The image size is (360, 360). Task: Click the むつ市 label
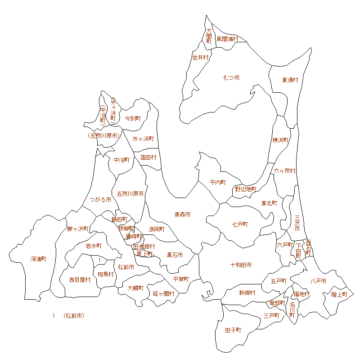click(x=231, y=78)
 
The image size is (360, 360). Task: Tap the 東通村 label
click(x=290, y=80)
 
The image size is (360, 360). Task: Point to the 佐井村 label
click(x=201, y=58)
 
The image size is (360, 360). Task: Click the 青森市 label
click(x=182, y=215)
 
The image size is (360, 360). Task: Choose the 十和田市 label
click(x=241, y=265)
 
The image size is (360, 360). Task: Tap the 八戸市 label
click(x=318, y=281)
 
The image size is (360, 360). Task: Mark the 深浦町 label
click(x=39, y=259)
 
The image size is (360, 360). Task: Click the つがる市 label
click(x=100, y=199)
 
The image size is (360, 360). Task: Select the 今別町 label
click(x=133, y=118)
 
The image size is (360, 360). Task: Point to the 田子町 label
click(x=233, y=330)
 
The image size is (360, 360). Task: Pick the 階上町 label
click(x=340, y=294)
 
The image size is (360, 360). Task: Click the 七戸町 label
click(x=240, y=224)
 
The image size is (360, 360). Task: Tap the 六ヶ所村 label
click(x=285, y=171)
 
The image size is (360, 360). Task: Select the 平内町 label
click(x=218, y=182)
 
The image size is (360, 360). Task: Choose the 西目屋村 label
click(x=80, y=280)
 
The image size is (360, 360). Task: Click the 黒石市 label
click(x=175, y=255)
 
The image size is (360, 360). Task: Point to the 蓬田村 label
click(x=148, y=157)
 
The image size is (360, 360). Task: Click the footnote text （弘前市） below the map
click(x=74, y=316)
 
